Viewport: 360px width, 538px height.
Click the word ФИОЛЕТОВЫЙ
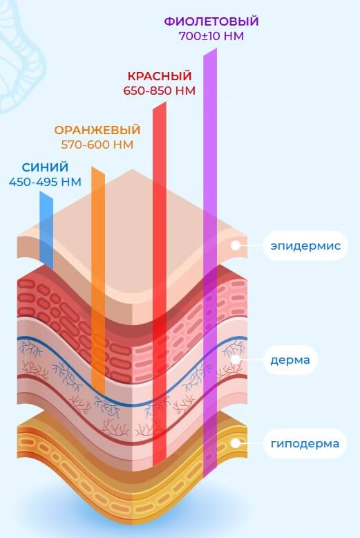tap(211, 21)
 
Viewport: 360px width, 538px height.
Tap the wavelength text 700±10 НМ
tap(211, 36)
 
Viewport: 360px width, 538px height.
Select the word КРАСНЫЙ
tap(160, 76)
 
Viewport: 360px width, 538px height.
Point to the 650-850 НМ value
tap(160, 91)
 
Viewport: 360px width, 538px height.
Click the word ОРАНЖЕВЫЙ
tap(97, 130)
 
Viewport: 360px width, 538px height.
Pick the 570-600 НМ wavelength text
tap(97, 145)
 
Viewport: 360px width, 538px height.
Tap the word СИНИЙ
tap(45, 167)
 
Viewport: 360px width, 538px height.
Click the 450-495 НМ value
tap(45, 182)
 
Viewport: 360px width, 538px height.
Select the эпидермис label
tap(305, 246)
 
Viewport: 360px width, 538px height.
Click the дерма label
tap(290, 360)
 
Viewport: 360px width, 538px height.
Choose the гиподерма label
tap(305, 444)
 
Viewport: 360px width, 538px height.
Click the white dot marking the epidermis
tap(235, 245)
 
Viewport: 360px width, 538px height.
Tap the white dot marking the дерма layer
tap(235, 360)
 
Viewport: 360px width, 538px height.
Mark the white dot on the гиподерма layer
tap(235, 443)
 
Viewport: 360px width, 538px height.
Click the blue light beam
tap(46, 230)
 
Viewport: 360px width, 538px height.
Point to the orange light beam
tap(98, 281)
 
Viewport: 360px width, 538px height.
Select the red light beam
tap(160, 284)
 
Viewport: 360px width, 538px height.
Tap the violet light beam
tap(210, 263)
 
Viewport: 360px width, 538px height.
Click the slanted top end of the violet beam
tap(210, 52)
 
